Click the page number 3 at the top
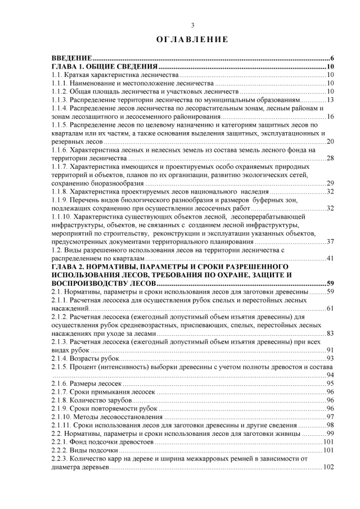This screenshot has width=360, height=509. tap(192, 25)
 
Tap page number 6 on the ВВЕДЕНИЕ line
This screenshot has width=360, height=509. tap(332, 58)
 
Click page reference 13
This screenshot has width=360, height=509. tap(330, 100)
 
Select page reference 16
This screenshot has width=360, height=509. tap(330, 116)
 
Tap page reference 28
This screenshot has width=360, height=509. tap(330, 157)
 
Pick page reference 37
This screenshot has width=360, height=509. tap(330, 241)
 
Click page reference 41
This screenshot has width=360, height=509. tap(330, 258)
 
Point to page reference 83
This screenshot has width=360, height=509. tap(330, 333)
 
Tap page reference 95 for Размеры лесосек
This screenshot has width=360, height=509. tap(330, 383)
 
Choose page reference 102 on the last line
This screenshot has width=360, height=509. tap(328, 467)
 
